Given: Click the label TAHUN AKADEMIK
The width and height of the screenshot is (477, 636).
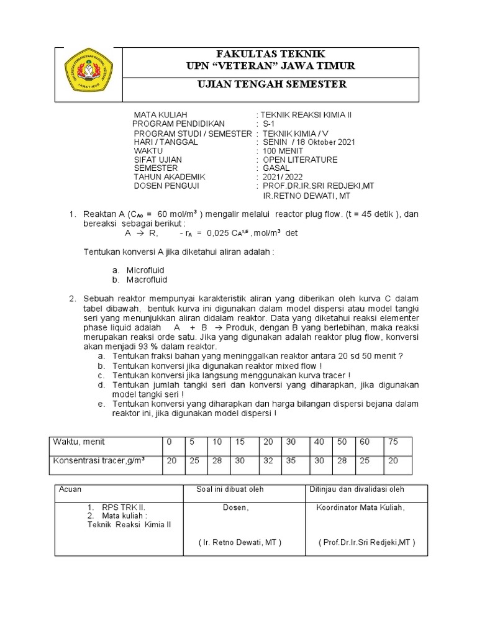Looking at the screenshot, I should pyautogui.click(x=170, y=177).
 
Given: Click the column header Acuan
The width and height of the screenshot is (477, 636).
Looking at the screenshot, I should pyautogui.click(x=70, y=489).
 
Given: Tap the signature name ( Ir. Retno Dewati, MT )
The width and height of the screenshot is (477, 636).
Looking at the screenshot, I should pyautogui.click(x=240, y=542).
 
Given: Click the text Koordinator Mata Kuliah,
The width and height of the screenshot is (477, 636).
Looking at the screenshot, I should pyautogui.click(x=360, y=507).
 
